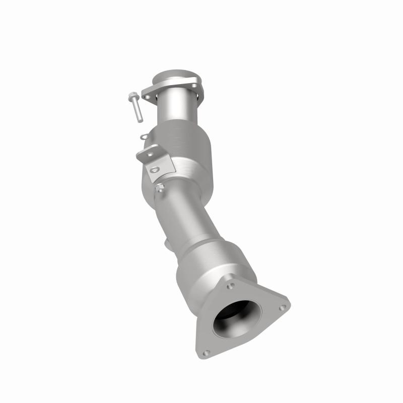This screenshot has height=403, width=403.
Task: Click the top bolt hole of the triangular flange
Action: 231,286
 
